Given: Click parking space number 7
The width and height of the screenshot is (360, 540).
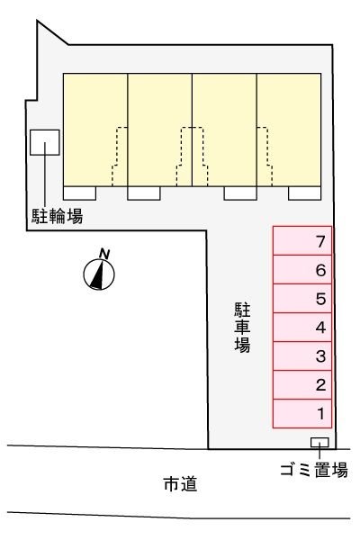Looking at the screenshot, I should coord(303,241).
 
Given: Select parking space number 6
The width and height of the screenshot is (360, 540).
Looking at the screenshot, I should coord(303,270).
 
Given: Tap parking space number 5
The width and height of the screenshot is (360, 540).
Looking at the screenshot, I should coord(303,299).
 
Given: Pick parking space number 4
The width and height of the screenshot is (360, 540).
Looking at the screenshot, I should coord(303,328).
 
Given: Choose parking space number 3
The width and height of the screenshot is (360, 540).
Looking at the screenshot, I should coord(303,356).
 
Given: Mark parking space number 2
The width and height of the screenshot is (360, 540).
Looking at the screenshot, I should coord(303,385).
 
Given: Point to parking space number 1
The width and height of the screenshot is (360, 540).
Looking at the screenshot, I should coord(303,414).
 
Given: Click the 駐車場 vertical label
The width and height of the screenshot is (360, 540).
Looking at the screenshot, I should coord(242,326).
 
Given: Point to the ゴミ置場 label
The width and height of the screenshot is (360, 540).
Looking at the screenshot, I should coord(314,469).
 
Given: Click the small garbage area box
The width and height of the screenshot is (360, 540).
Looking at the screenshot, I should coord(319,442).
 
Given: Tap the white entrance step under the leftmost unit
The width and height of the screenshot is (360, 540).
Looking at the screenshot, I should coord(80,193).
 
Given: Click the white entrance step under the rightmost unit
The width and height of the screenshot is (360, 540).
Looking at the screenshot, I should coord(303,193).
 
